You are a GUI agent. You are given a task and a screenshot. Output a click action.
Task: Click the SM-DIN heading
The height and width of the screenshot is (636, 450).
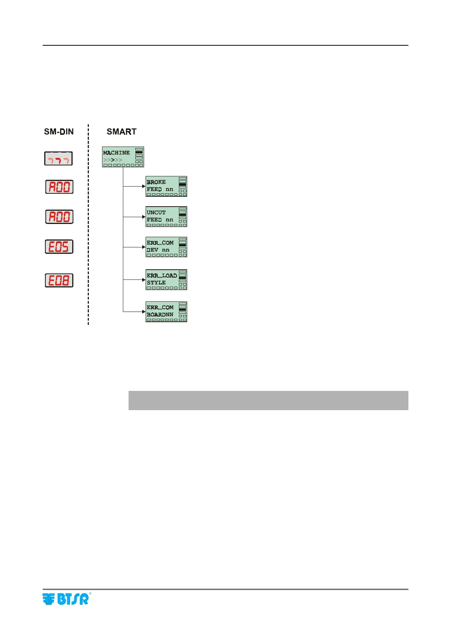coord(59,132)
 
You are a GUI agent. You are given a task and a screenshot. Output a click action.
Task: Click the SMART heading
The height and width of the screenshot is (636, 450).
coord(121,132)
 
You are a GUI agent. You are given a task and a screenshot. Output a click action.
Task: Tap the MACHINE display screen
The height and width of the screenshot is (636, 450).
coord(123,157)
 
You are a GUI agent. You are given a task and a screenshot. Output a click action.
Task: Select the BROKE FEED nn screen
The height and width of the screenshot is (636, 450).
coord(166,186)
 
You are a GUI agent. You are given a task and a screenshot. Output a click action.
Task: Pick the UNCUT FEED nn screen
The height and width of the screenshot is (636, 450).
coord(166,216)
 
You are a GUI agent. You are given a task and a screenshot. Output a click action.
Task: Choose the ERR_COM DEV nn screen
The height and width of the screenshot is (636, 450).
coord(166,247)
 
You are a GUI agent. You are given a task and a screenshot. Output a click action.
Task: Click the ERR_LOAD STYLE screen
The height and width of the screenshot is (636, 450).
coord(166,279)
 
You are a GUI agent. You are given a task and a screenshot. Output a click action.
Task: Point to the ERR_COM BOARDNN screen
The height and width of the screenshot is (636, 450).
coord(166,312)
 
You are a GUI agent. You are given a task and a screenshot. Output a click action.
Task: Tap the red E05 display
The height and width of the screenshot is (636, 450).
coord(59,247)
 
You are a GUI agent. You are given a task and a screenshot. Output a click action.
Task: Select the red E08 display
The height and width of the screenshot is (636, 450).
coord(59,280)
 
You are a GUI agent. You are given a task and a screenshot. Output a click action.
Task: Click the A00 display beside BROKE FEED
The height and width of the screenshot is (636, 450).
coord(59,187)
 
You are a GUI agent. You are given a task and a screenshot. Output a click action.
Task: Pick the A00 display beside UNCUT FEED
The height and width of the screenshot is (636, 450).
coord(59,217)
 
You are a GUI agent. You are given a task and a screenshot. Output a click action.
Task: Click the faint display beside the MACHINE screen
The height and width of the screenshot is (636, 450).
coord(58,159)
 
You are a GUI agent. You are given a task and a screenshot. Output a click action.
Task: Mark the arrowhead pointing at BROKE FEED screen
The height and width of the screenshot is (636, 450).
coord(144,186)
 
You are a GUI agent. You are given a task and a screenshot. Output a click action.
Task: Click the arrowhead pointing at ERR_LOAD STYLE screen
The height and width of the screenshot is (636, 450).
coord(144,280)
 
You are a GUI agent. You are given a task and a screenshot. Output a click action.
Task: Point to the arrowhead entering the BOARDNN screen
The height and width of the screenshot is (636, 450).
coord(144,312)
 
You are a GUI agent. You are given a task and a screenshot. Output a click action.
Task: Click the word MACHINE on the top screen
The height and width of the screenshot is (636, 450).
coord(116,153)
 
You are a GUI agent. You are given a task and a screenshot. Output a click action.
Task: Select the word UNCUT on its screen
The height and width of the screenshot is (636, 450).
coord(156,213)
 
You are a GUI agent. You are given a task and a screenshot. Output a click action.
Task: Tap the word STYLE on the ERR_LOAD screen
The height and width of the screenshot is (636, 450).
coord(156,282)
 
